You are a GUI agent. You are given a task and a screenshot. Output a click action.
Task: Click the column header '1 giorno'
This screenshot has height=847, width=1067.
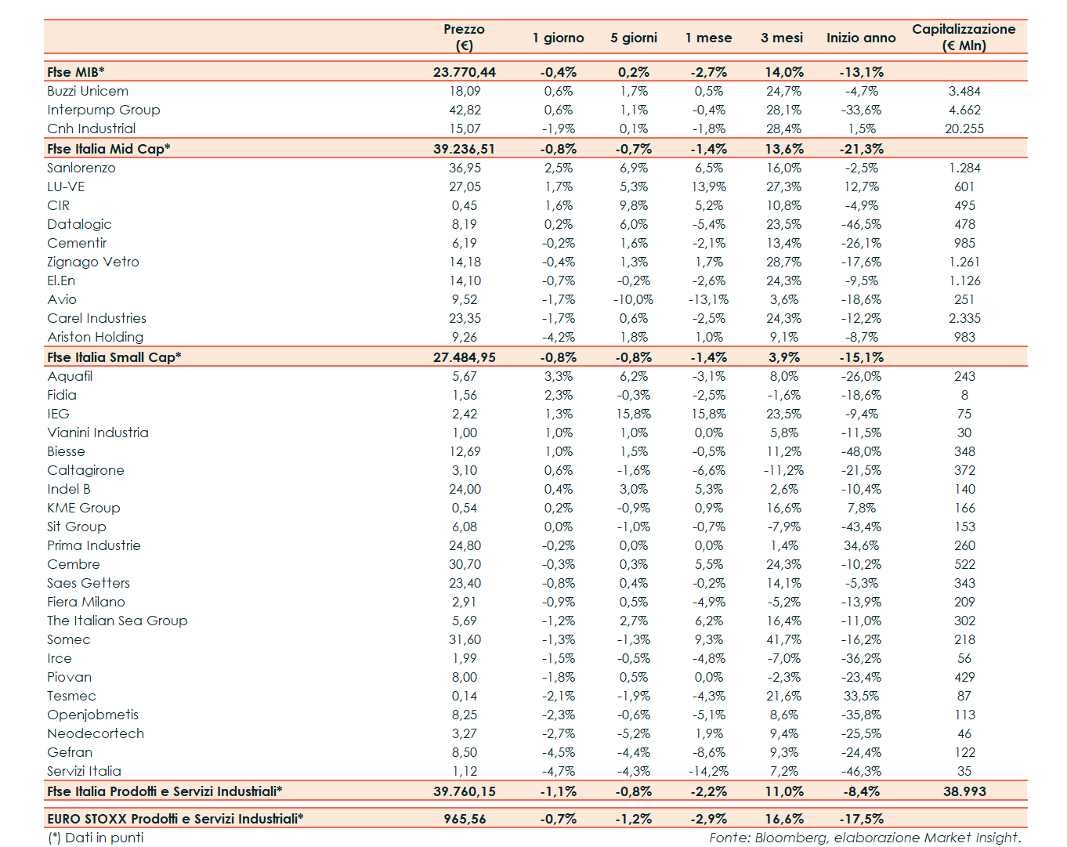pyautogui.click(x=558, y=38)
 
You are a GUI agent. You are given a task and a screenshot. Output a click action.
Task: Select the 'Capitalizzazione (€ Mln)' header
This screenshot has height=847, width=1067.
pyautogui.click(x=964, y=37)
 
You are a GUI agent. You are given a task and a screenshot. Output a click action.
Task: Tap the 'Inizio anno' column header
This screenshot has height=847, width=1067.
pyautogui.click(x=861, y=38)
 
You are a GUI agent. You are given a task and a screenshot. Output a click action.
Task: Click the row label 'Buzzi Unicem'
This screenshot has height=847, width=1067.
pyautogui.click(x=88, y=91)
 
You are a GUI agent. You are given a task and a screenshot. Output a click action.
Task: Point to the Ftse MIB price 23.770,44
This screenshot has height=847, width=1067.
pyautogui.click(x=465, y=72)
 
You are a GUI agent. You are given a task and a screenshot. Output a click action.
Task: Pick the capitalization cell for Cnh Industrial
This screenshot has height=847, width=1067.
pyautogui.click(x=964, y=128)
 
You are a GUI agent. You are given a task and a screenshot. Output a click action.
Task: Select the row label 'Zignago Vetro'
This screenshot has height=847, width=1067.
pyautogui.click(x=93, y=262)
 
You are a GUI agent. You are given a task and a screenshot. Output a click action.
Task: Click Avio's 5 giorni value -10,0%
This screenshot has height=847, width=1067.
pyautogui.click(x=633, y=299)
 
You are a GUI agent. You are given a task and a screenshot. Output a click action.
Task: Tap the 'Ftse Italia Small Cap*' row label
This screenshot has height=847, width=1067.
pyautogui.click(x=114, y=357)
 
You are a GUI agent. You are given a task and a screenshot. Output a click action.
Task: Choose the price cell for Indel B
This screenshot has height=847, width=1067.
pyautogui.click(x=465, y=489)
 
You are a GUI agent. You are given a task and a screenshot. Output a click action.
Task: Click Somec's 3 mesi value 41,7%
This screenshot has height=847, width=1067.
pyautogui.click(x=783, y=639)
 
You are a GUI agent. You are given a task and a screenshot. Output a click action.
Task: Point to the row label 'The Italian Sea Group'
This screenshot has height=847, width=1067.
pyautogui.click(x=118, y=621)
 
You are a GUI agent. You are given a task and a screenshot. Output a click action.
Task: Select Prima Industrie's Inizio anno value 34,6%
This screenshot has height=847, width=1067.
pyautogui.click(x=861, y=545)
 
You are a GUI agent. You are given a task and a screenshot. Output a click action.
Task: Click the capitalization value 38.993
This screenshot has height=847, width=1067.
pyautogui.click(x=964, y=791)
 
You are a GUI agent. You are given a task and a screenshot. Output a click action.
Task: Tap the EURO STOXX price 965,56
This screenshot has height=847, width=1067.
pyautogui.click(x=465, y=819)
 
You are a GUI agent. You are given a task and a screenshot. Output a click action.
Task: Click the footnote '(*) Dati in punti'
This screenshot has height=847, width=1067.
pyautogui.click(x=96, y=838)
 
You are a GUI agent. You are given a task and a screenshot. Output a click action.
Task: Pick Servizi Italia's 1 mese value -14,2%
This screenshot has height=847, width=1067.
pyautogui.click(x=708, y=771)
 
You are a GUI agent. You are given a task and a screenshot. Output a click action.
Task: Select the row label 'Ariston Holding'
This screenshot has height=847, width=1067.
pyautogui.click(x=96, y=337)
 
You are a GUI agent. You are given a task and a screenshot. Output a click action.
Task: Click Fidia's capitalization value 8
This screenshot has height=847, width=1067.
pyautogui.click(x=964, y=395)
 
